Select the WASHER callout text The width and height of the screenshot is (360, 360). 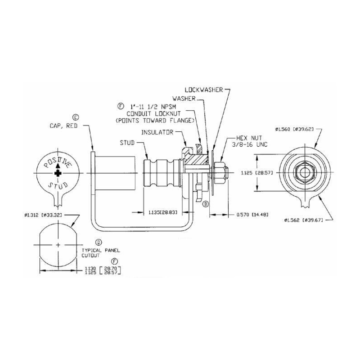[x=184, y=98]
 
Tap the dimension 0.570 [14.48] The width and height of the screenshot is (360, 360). [x=252, y=215]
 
